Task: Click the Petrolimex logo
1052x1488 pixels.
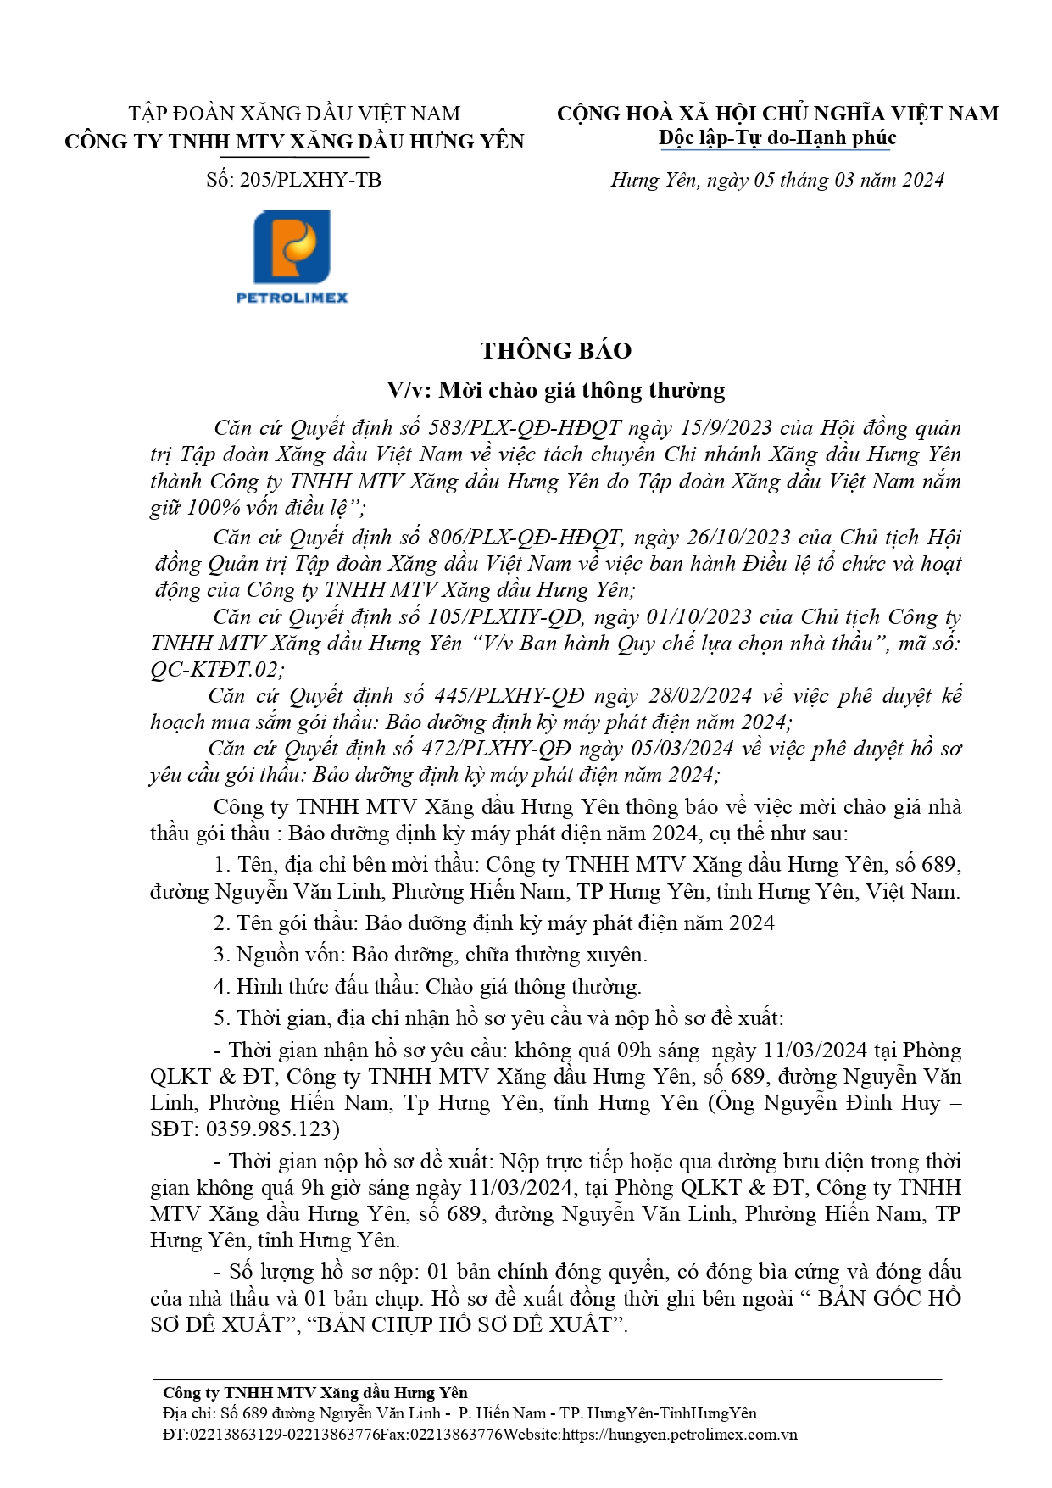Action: click(x=292, y=256)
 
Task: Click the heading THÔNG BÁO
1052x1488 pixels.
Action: click(x=555, y=351)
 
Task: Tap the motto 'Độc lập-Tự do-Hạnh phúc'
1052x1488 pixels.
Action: click(x=776, y=138)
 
